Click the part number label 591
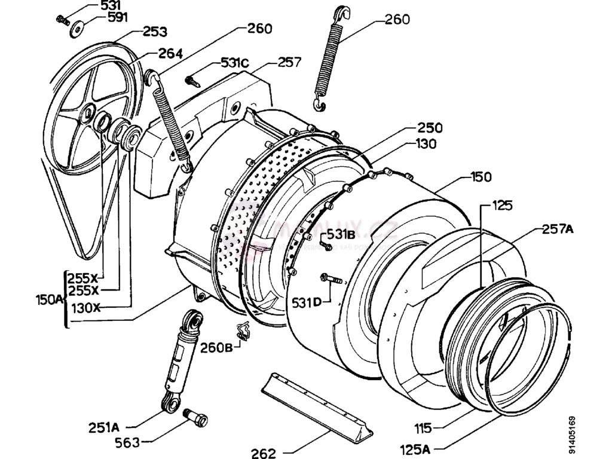pyautogui.click(x=118, y=17)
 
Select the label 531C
pyautogui.click(x=235, y=62)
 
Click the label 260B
pyautogui.click(x=216, y=347)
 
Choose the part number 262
pyautogui.click(x=264, y=452)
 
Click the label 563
pyautogui.click(x=127, y=442)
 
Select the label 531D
pyautogui.click(x=307, y=303)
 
